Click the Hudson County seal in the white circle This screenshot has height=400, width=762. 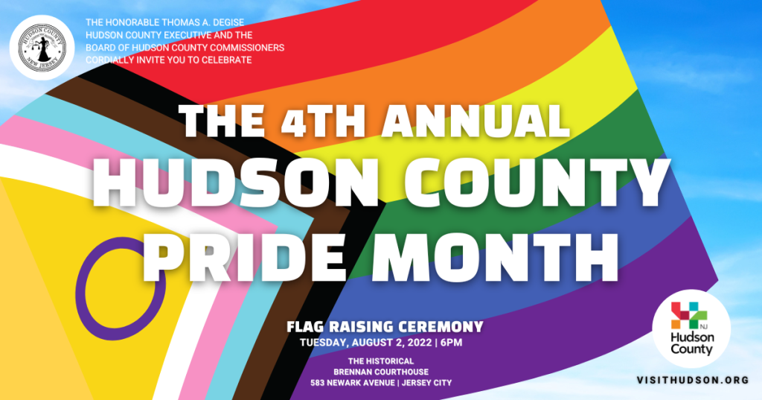coord(42,47)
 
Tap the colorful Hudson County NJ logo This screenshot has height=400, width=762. coord(691,329)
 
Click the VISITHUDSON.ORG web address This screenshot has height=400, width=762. coord(693,380)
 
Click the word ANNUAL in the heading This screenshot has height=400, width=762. coord(475,121)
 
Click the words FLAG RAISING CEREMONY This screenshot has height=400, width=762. coord(385,326)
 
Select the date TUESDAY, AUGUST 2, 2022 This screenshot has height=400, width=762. coord(365,343)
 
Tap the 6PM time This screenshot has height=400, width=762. coord(451,343)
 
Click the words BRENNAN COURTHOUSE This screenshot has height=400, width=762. coord(381,372)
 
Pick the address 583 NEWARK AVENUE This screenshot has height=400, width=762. coord(352,383)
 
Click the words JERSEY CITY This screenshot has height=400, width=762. coord(427,383)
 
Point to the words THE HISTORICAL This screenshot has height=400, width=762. coord(381,361)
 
